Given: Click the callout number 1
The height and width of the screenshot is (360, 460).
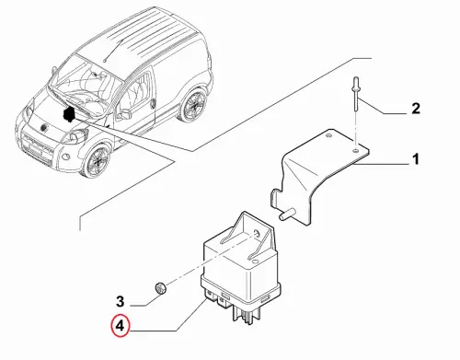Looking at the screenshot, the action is coord(416,159).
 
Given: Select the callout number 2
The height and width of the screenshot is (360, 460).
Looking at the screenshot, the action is coord(416,109).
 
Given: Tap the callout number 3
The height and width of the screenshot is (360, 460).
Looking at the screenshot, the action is coord(121,301).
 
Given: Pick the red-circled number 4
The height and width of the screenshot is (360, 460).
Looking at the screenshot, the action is coord(120,325).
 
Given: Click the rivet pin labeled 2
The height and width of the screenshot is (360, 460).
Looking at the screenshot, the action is coord(355,95).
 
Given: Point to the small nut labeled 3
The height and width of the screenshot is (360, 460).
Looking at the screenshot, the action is coord(160,288).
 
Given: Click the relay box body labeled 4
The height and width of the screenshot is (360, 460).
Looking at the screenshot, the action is coord(241,266).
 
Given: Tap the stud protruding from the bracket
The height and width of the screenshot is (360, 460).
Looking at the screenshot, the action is coord(287,214).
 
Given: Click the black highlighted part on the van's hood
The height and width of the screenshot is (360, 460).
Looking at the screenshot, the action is coord(69,114).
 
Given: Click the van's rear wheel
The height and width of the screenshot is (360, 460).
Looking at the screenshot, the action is coord(193,104).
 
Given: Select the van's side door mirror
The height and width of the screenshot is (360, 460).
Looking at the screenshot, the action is coord(125,114).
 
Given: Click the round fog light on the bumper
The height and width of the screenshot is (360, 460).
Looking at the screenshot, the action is coord(64,157).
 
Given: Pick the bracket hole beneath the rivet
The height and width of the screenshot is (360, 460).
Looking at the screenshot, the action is coord(355,151).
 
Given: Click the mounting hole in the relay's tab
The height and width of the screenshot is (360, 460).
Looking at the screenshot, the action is coord(257,234).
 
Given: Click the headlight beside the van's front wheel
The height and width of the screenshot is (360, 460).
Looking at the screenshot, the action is coord(75,136).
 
